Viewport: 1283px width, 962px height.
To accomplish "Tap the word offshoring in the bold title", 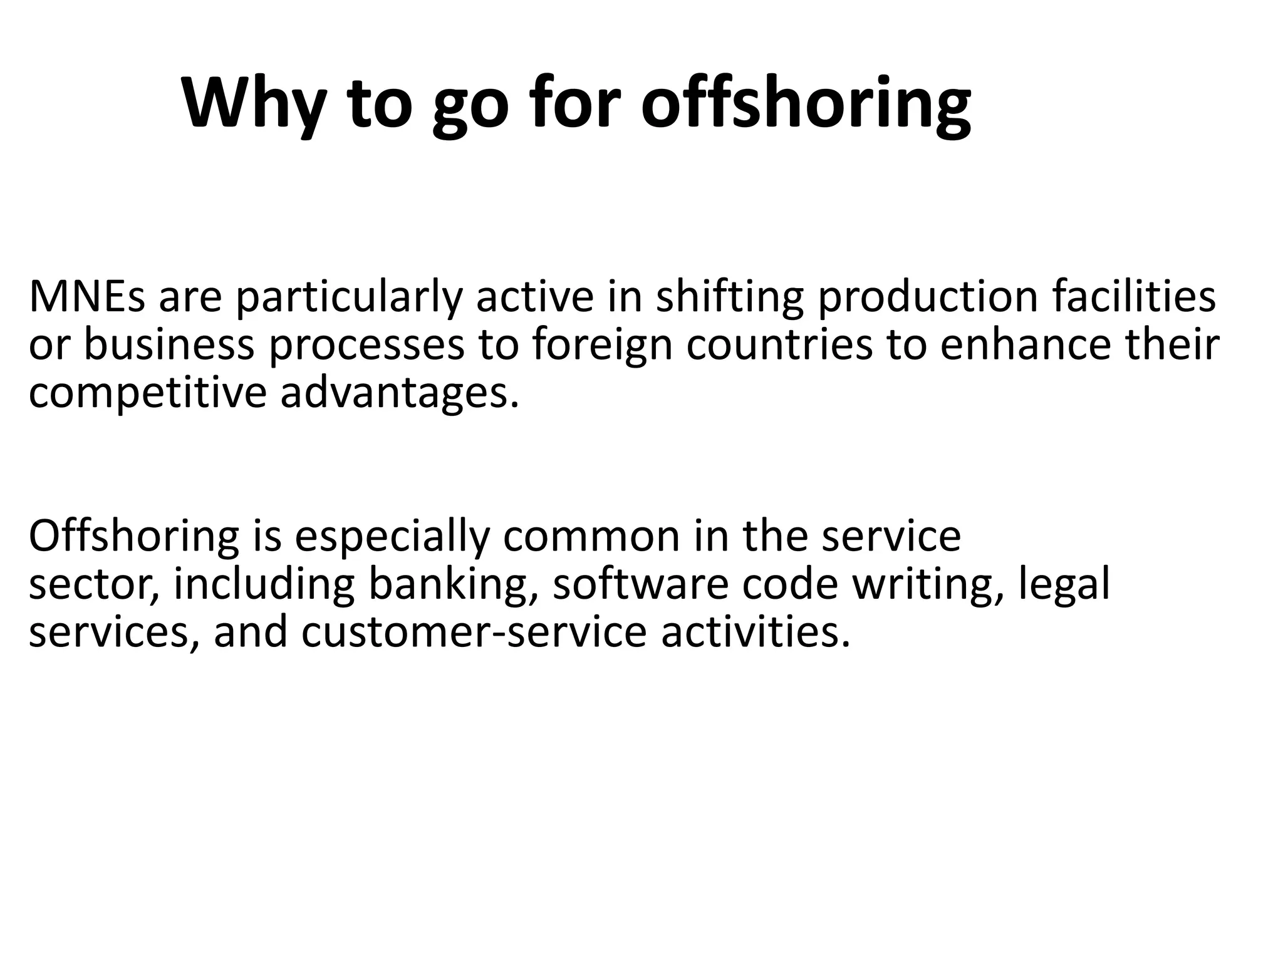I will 806,103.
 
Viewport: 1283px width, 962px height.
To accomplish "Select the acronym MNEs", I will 87,296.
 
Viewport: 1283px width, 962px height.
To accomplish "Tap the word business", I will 169,345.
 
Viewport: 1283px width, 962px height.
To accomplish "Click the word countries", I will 779,345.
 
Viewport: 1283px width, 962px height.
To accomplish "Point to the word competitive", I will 148,394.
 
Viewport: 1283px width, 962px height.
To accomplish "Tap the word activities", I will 756,631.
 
